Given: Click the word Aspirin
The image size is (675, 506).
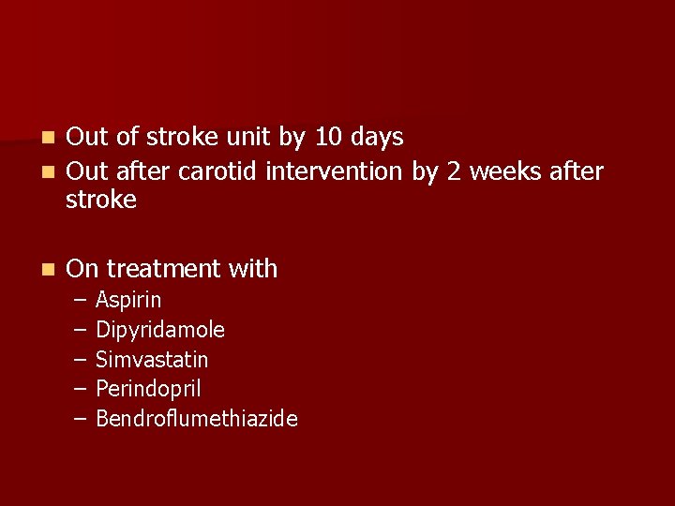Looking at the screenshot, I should click(x=128, y=301).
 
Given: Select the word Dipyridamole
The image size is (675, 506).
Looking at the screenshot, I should click(x=160, y=330).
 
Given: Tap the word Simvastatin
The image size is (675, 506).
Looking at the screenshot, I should click(x=152, y=360).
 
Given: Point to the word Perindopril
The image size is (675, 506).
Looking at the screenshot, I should click(x=148, y=389).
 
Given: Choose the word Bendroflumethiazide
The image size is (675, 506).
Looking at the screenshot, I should click(x=197, y=419).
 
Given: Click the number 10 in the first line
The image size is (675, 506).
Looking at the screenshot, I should click(x=329, y=138).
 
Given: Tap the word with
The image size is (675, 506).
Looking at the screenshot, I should click(x=252, y=269).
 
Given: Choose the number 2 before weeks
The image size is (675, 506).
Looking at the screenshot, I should click(x=454, y=172).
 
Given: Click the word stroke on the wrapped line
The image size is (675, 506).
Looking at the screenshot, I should click(x=101, y=200).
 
